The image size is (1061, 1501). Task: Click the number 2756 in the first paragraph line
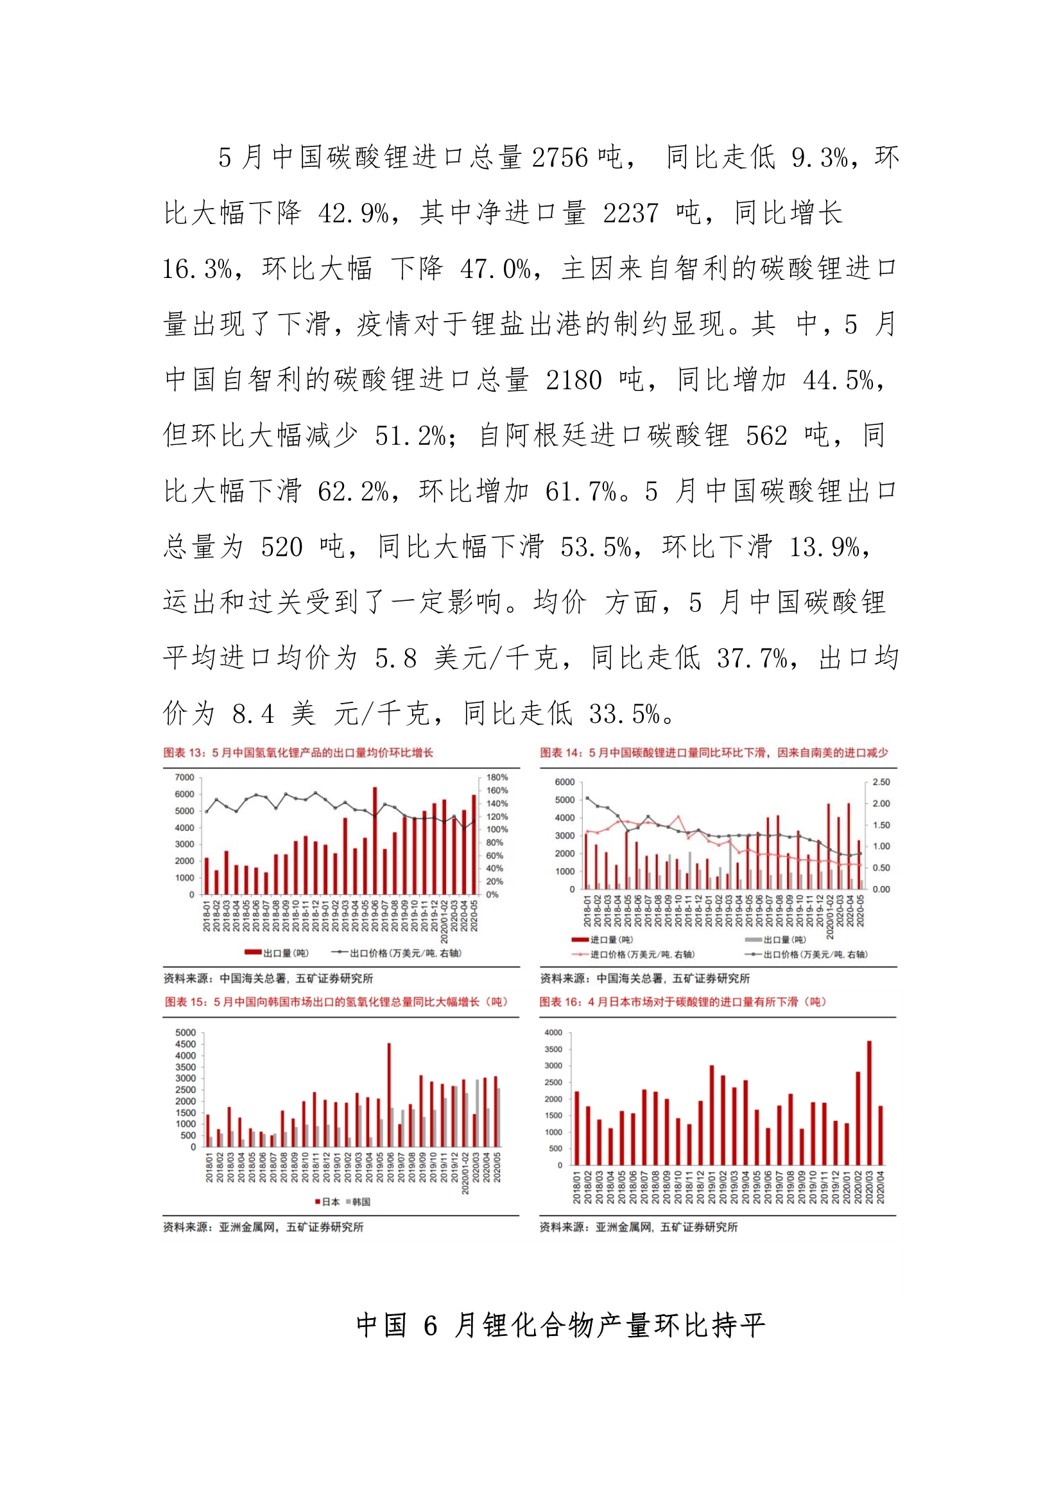click(560, 157)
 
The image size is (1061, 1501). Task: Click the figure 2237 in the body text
click(630, 213)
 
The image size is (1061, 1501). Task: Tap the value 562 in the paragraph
click(766, 435)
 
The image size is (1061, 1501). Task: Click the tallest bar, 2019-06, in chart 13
click(375, 840)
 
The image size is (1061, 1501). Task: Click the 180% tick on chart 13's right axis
click(497, 777)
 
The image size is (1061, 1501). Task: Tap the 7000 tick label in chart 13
click(184, 777)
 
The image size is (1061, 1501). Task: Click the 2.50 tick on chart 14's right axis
click(881, 782)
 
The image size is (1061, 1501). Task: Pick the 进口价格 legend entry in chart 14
click(634, 955)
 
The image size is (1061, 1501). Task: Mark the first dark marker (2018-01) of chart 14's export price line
click(587, 798)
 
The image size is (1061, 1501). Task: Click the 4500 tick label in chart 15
click(185, 1044)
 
